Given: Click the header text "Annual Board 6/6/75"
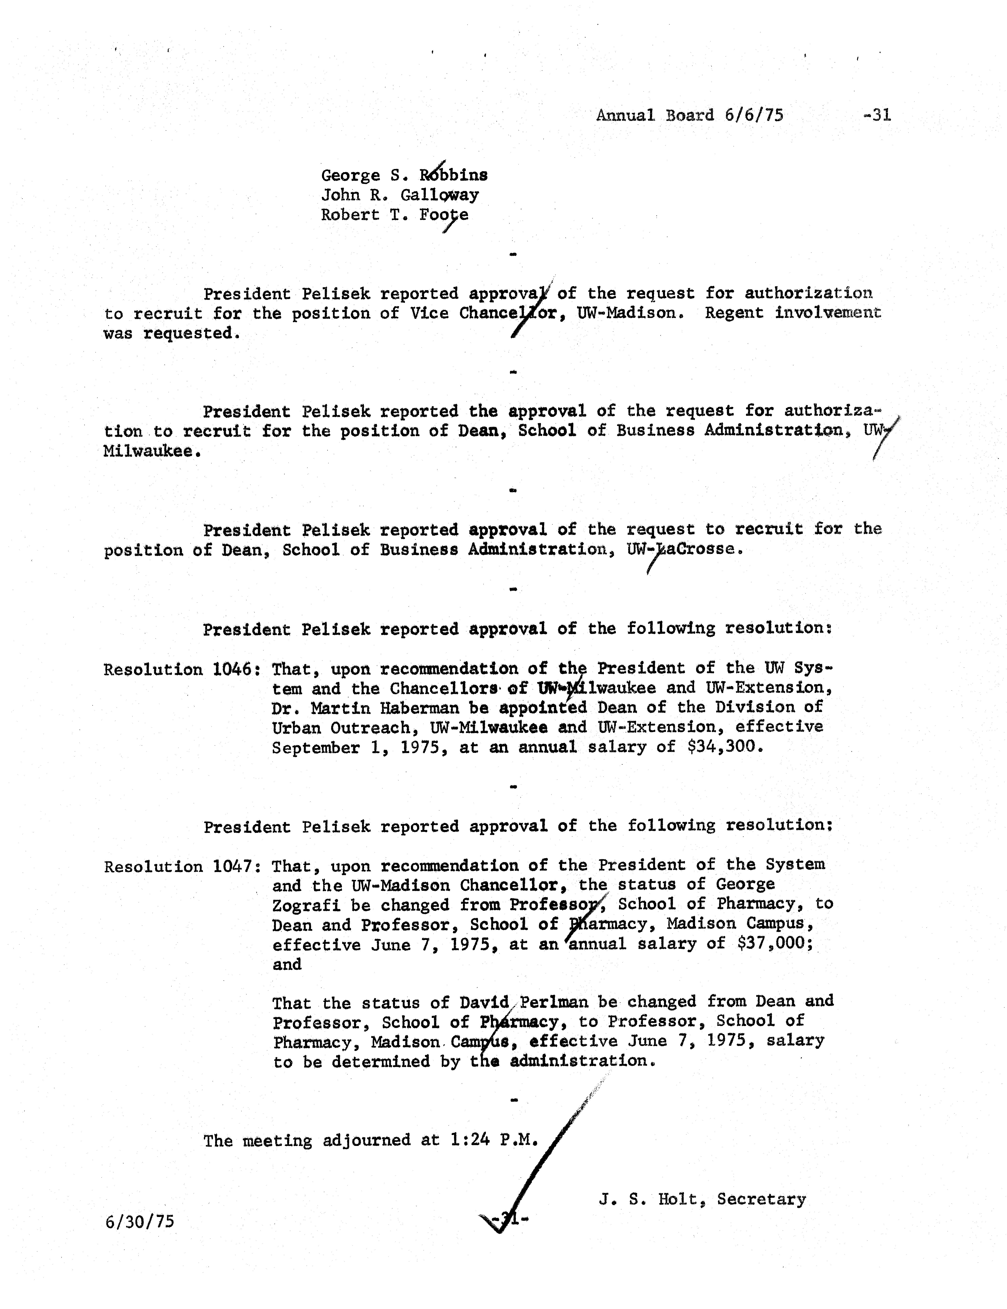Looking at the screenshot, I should pos(689,115).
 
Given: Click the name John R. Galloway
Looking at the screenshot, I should pos(400,195).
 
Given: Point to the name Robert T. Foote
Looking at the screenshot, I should pos(394,215).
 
